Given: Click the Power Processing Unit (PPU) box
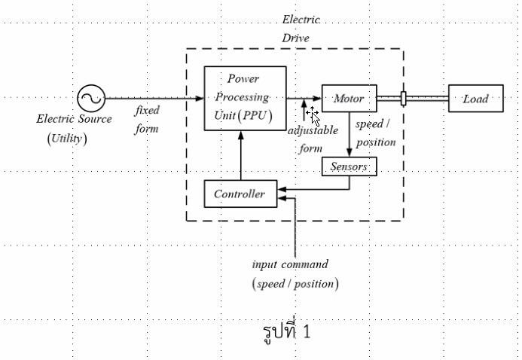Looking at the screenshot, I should pyautogui.click(x=245, y=98).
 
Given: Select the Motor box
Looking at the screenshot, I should pyautogui.click(x=349, y=99).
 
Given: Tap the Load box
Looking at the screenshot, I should pyautogui.click(x=475, y=99).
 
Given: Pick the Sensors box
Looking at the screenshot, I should pyautogui.click(x=348, y=166).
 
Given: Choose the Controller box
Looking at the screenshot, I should pyautogui.click(x=240, y=194).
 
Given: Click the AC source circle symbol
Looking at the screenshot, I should pyautogui.click(x=91, y=98).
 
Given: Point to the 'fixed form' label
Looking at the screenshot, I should pyautogui.click(x=147, y=119).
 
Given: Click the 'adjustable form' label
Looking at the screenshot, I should pyautogui.click(x=312, y=139).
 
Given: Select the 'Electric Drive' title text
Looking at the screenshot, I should pyautogui.click(x=300, y=28).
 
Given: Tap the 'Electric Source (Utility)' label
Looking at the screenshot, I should pyautogui.click(x=73, y=128).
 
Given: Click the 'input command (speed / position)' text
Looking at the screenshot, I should pyautogui.click(x=294, y=274).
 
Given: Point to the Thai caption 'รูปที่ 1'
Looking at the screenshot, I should pyautogui.click(x=286, y=331).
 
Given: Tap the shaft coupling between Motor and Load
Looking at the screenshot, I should pyautogui.click(x=404, y=99).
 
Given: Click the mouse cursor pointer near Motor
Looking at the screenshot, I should pyautogui.click(x=314, y=117).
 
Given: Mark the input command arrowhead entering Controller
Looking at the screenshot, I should pyautogui.click(x=282, y=199).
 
